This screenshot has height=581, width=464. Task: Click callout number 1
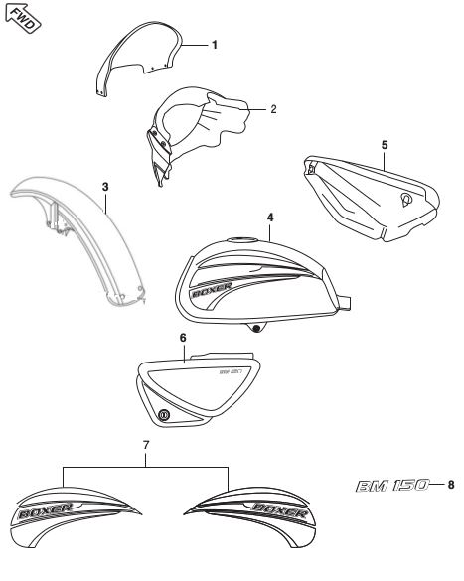pos(215,45)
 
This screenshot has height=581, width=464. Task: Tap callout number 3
pos(105,186)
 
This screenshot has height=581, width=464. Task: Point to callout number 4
pos(270,216)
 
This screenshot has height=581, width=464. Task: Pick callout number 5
pos(384,144)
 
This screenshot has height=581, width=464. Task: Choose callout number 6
pos(183,338)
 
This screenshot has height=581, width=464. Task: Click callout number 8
pos(451,486)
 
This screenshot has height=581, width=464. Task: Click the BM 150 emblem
pos(396,486)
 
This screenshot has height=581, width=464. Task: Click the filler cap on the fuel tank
pos(242,239)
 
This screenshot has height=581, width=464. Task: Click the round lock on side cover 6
pos(165,414)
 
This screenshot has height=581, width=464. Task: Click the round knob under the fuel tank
pos(258,327)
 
